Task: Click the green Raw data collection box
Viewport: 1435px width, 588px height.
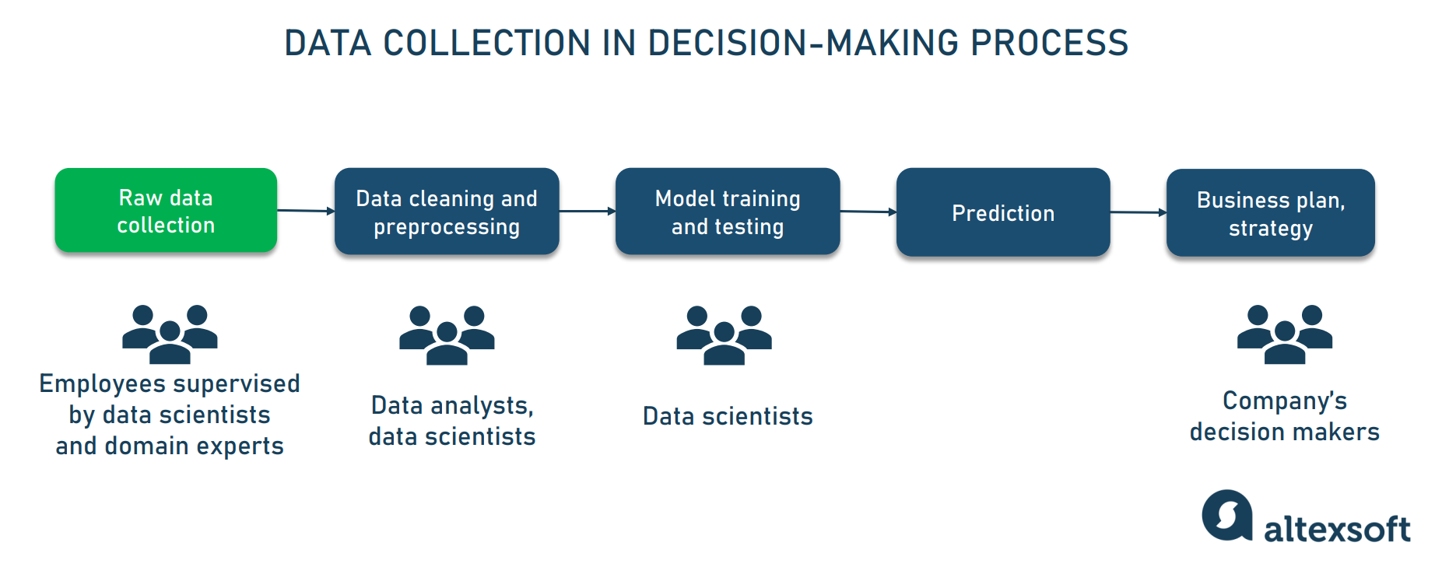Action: (166, 210)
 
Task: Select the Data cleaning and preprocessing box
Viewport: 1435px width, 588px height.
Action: (447, 212)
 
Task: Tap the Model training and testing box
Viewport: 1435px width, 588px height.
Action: (728, 212)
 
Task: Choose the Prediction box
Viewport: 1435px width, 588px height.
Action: (1003, 212)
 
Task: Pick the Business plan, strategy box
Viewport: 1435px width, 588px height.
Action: (1270, 213)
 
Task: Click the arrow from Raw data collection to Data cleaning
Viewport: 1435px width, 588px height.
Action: (306, 211)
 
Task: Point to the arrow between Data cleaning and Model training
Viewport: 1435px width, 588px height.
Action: (588, 211)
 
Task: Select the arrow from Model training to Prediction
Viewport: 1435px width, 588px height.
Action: (868, 212)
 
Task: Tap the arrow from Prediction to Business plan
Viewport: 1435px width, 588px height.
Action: (1138, 212)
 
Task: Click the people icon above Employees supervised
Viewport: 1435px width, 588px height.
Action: (170, 334)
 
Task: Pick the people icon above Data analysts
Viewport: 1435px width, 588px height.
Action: (447, 335)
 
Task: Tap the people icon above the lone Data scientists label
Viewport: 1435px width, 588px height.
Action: (724, 335)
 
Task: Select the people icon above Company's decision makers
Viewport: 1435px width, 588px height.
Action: (1285, 334)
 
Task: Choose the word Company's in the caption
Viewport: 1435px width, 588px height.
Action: (1284, 401)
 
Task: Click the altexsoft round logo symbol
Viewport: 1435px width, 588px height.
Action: (1227, 515)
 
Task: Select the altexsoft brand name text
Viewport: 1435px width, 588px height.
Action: (1337, 530)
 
